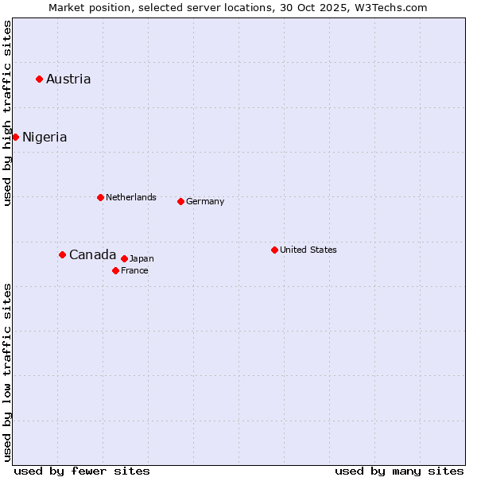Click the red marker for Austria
click(39, 79)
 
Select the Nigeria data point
click(15, 137)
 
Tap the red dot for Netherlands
click(100, 197)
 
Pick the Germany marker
click(180, 201)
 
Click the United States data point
click(274, 250)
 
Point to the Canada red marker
click(62, 254)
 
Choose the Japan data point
click(124, 258)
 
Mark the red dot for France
click(115, 270)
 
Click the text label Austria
click(68, 79)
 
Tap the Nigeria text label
click(45, 137)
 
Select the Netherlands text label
click(131, 197)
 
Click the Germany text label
click(205, 201)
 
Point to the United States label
click(308, 250)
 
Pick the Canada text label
click(92, 254)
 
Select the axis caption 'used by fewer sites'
click(82, 471)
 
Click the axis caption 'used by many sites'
click(399, 471)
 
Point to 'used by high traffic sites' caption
click(7, 113)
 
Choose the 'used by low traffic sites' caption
click(7, 372)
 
